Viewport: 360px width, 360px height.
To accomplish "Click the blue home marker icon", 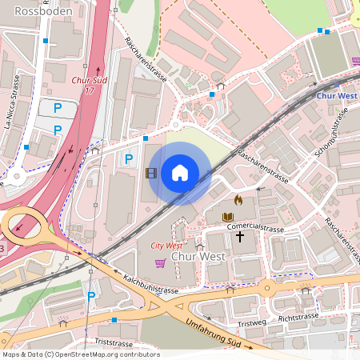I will click(x=179, y=173).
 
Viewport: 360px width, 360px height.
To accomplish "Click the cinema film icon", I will click(x=150, y=173).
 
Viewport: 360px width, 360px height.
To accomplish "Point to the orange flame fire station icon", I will click(x=238, y=199).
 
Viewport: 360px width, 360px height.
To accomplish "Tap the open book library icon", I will click(x=227, y=217).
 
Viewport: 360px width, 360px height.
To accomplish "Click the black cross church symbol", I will click(x=239, y=238).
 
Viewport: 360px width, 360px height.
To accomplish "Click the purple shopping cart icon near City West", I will click(x=160, y=262).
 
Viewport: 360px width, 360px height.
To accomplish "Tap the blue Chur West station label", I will click(x=336, y=96).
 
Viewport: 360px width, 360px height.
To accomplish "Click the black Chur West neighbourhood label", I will click(x=200, y=258).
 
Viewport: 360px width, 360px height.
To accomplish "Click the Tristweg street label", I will click(x=251, y=323).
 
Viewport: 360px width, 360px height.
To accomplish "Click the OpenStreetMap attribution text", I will click(x=81, y=354).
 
